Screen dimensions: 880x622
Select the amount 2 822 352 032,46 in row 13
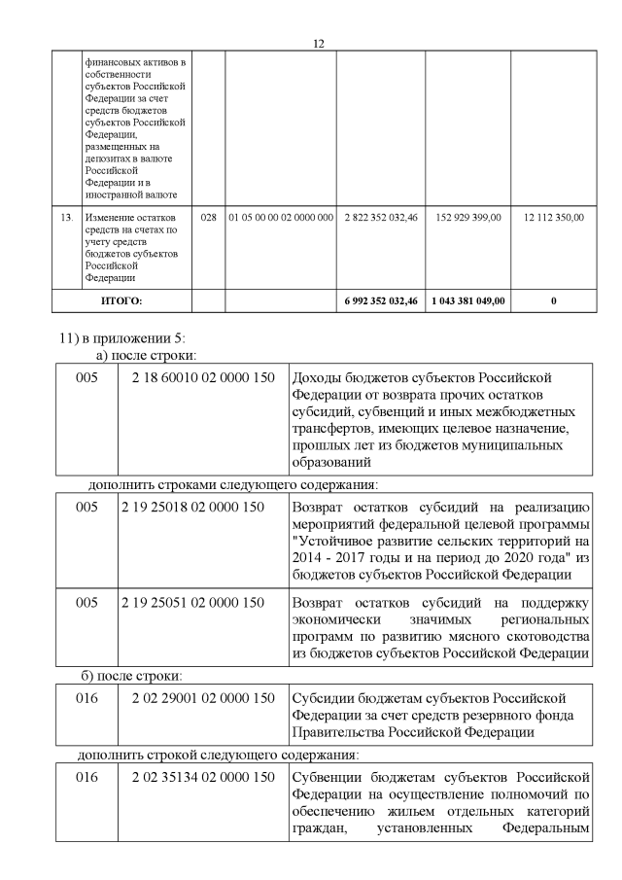380,218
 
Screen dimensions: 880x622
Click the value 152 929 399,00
468,218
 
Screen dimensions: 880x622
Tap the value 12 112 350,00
553,218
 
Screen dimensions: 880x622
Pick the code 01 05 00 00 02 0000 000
280,218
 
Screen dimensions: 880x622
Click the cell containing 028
207,218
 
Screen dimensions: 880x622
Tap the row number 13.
66,218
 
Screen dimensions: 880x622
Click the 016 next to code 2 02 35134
87,778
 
